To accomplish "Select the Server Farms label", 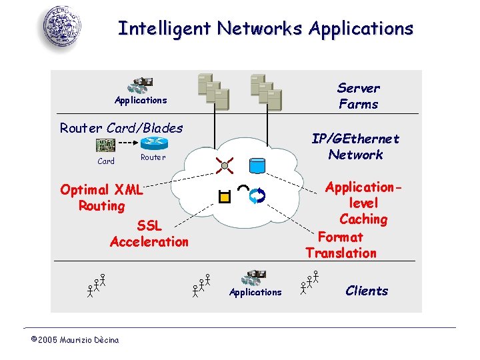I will coord(358,96).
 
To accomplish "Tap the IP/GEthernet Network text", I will coord(355,147).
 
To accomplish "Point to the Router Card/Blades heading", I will coord(121,128).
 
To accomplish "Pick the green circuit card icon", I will coord(105,145).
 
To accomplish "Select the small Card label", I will coord(106,161).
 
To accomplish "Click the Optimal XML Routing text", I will coord(101,198).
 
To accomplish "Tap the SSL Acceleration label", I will coord(149,234).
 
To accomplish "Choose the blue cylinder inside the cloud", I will coord(257,165).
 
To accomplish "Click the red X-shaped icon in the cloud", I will coord(225,165).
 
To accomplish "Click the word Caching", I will coord(363,219).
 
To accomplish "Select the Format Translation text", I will coord(341,245).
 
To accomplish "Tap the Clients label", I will coord(367,291).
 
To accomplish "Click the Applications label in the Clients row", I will coord(255,292).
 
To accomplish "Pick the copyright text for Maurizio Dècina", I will coord(75,340).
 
